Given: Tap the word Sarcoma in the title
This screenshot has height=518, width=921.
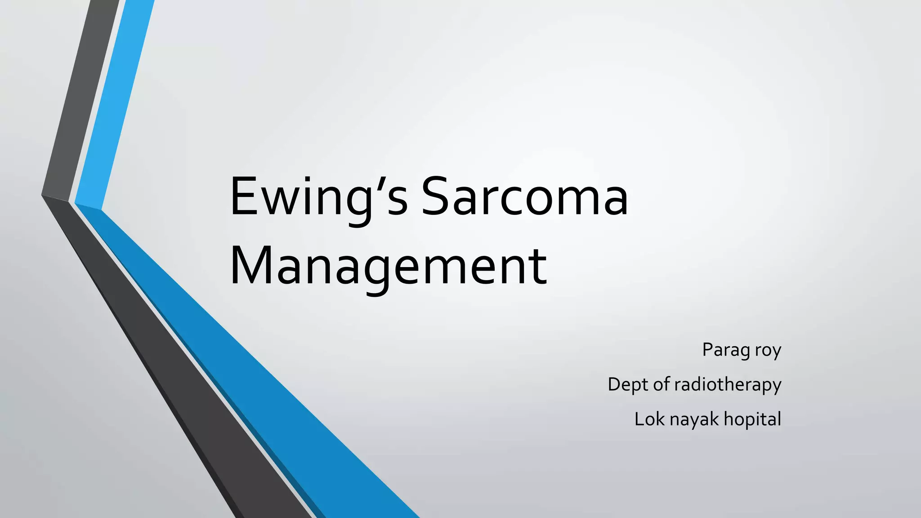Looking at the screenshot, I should tap(524, 198).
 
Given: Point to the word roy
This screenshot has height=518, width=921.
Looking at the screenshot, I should tap(768, 350).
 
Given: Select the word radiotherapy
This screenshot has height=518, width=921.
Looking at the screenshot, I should tap(728, 385).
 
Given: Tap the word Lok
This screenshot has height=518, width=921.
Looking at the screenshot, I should tap(649, 419).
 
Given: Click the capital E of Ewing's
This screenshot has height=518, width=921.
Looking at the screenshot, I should tap(243, 198).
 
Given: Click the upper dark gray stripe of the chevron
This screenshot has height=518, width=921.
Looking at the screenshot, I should tap(81, 99).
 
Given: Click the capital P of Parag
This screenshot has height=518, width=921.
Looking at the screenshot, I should tap(708, 349).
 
